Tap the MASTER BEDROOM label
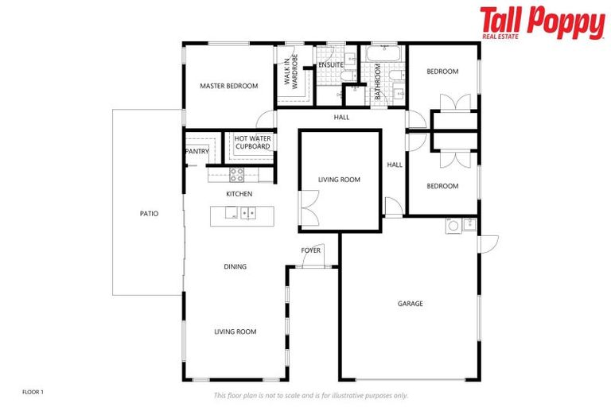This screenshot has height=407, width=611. [x=228, y=86]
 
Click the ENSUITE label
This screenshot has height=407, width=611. [x=330, y=64]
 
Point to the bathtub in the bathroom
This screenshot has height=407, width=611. [x=385, y=56]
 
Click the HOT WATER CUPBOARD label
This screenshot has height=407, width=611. [x=252, y=142]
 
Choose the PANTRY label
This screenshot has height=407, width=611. [x=197, y=151]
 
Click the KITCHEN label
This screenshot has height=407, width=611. [x=239, y=194]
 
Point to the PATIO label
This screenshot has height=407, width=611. [x=149, y=213]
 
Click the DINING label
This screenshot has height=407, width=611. [x=235, y=267]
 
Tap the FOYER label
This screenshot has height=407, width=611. [x=310, y=250]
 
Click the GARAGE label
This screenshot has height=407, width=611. [x=411, y=304]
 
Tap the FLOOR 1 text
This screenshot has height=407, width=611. [x=33, y=392]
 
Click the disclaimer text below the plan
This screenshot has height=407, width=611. [x=310, y=395]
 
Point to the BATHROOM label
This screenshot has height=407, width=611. [x=378, y=83]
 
